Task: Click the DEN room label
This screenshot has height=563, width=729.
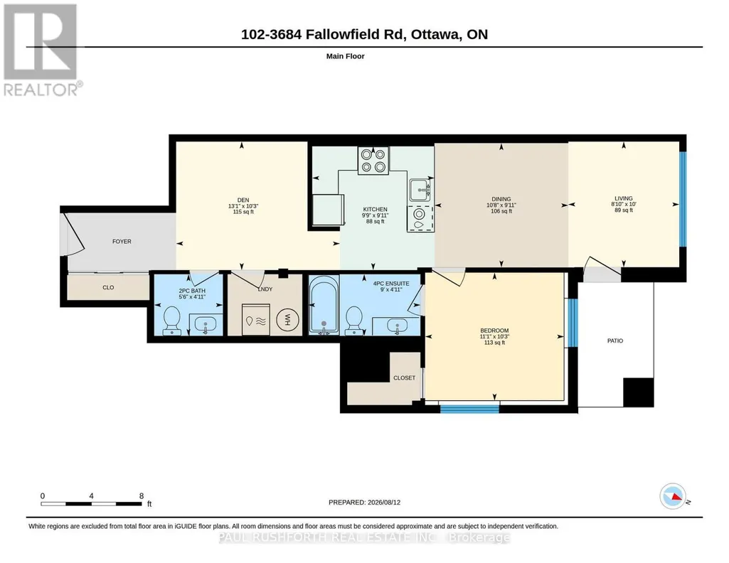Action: [x=243, y=200]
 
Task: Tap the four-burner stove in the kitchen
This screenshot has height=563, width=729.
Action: [x=373, y=161]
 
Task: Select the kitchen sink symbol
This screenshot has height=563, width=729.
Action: [x=421, y=190]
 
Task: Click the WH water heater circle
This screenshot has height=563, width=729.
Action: [x=287, y=320]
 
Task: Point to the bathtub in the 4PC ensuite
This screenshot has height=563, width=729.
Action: [x=324, y=305]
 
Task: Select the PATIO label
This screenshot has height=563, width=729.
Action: [x=614, y=341]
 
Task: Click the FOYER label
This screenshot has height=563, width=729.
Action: [x=122, y=242]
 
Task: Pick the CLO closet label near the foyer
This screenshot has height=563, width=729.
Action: [x=108, y=287]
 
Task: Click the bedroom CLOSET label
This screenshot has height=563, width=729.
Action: [x=404, y=377]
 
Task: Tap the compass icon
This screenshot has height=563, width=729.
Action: [x=674, y=496]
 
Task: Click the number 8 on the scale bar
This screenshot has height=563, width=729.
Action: [x=142, y=495]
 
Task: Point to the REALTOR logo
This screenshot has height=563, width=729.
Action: [x=43, y=50]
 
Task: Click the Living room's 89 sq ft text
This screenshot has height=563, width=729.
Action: [x=624, y=210]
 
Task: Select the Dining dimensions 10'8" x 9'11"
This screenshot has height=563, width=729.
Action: [x=501, y=205]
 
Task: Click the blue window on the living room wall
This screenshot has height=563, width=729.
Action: [x=683, y=199]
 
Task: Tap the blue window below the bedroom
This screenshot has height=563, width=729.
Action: [x=469, y=409]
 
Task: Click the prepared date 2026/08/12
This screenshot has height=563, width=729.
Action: [x=383, y=502]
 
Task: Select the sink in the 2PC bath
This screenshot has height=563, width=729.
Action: [x=205, y=323]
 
